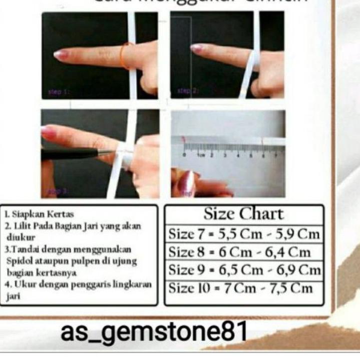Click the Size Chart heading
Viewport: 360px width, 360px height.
pyautogui.click(x=243, y=214)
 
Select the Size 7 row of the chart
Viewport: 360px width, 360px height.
pyautogui.click(x=244, y=234)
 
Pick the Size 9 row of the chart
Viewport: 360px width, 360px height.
pyautogui.click(x=244, y=271)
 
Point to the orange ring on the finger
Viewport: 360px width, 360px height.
pyautogui.click(x=125, y=55)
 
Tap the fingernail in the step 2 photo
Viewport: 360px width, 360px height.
pyautogui.click(x=197, y=48)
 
